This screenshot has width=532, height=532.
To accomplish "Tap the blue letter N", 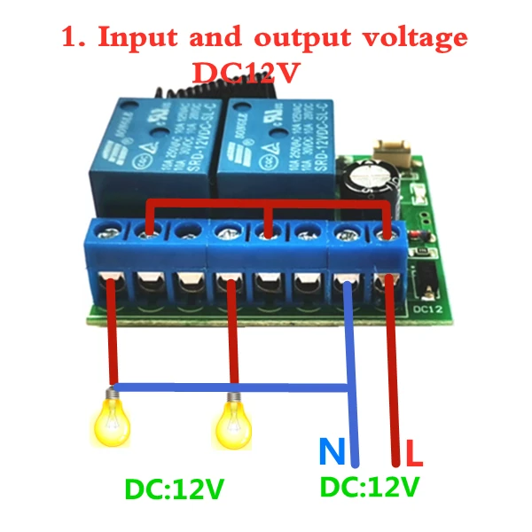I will click(x=332, y=454).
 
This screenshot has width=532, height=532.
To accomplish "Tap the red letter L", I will click(x=414, y=456).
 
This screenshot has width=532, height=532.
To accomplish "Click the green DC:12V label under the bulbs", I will click(x=174, y=489).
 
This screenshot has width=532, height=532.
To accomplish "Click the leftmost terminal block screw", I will click(x=109, y=231).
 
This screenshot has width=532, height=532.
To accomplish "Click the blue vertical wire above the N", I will click(x=352, y=381).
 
